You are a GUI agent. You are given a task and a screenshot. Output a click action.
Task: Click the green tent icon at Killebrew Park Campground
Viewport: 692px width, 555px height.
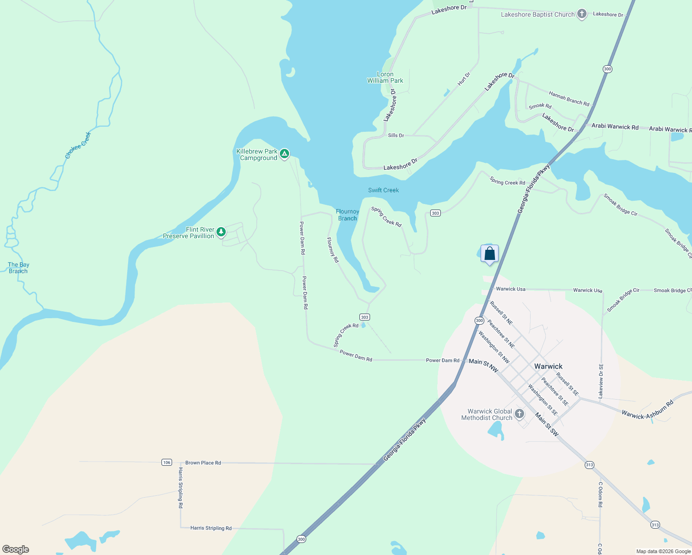[x=284, y=154]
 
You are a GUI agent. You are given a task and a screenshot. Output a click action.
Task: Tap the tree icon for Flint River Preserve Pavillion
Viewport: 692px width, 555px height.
[x=221, y=231]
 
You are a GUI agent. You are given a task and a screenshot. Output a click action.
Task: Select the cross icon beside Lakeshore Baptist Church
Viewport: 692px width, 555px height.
[x=582, y=14]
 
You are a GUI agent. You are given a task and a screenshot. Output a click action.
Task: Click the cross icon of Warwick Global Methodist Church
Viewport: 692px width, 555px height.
[x=519, y=413]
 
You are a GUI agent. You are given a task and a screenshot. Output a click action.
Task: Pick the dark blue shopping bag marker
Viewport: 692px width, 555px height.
[x=489, y=254]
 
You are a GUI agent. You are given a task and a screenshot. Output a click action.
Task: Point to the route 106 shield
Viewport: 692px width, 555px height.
[x=167, y=462]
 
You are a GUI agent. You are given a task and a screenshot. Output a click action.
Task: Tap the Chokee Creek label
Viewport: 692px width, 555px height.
[x=78, y=145]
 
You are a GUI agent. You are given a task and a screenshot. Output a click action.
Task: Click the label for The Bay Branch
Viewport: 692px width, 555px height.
[x=19, y=268]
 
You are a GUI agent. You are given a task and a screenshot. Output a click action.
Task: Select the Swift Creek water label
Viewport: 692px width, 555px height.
[x=383, y=190]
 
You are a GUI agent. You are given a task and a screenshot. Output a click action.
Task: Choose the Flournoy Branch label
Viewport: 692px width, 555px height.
[x=347, y=215]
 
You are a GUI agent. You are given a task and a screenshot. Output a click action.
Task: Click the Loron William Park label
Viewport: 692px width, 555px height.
[x=385, y=77]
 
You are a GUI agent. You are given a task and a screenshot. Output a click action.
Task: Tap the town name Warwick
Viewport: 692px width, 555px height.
[x=548, y=366]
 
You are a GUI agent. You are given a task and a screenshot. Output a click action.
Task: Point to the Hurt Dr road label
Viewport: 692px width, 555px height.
[x=464, y=79]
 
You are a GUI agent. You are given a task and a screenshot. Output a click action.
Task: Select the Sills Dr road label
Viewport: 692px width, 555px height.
[x=396, y=136]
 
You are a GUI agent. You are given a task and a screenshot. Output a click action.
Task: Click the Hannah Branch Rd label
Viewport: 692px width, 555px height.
[x=569, y=99]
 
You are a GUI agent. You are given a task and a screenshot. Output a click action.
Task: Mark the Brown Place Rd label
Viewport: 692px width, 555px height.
[x=203, y=462]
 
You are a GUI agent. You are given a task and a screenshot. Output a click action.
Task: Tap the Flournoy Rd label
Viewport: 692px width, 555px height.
[x=333, y=250]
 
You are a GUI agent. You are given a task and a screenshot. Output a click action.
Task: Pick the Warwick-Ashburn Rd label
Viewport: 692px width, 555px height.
[x=647, y=410]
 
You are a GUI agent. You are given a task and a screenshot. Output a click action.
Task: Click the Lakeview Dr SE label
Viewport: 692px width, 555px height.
[x=601, y=381]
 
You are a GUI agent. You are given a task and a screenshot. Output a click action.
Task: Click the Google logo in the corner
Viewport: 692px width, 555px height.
[x=16, y=549]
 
